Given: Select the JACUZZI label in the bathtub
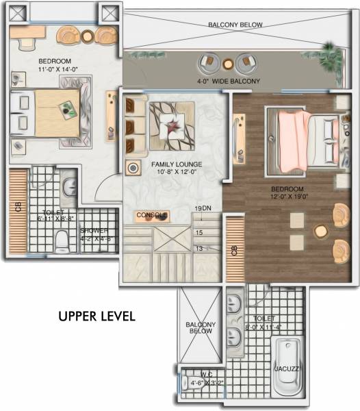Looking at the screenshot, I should pos(287,369).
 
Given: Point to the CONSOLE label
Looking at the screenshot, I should pos(151,215).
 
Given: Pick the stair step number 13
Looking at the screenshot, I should pos(199,248).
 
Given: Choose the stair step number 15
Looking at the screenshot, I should pos(199,233).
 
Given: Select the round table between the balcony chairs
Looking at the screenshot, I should pos(228,64).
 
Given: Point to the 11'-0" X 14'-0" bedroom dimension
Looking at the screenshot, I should pos(44,69).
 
